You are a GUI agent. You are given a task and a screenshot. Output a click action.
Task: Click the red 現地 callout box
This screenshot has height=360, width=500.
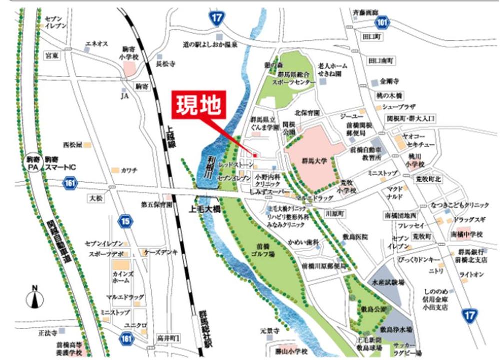199,105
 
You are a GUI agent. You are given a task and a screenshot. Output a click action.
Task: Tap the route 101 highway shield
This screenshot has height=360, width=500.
382,22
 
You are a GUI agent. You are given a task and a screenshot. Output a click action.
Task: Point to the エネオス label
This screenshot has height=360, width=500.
97,44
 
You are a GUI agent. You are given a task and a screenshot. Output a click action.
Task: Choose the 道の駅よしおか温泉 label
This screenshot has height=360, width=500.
209,44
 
